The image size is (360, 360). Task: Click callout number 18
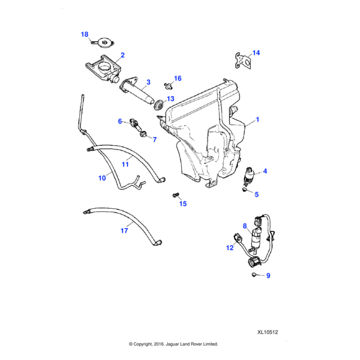coord(85,34)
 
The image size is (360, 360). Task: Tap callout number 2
coord(122,55)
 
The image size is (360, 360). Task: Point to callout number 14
coord(256,53)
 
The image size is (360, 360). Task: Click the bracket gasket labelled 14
coord(242,59)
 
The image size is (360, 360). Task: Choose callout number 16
coord(178,79)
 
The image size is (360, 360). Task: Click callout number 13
coord(170,98)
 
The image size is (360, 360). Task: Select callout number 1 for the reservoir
coord(257,120)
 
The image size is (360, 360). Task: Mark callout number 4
coord(265,171)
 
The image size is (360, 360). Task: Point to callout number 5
coord(256,194)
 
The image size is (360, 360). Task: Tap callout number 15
coord(183,204)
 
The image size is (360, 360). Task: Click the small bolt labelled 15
coord(175,195)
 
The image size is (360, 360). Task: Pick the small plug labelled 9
coord(254,274)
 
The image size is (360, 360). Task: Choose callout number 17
coord(124,230)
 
